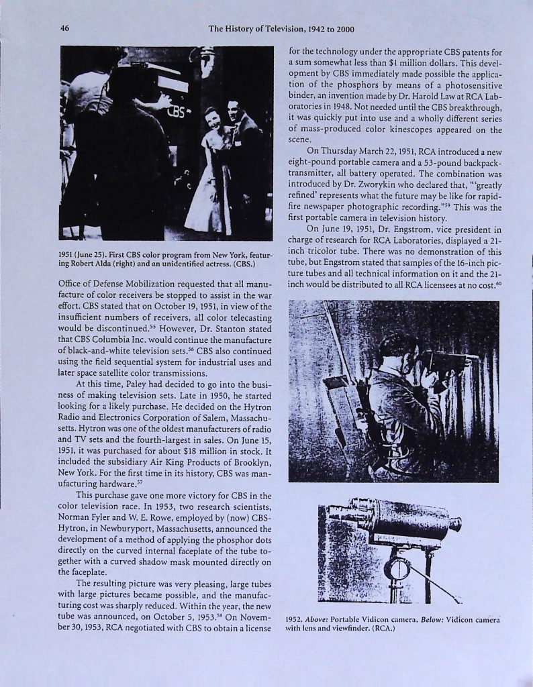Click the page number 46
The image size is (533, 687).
click(x=64, y=28)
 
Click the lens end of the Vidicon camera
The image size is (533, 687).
click(x=455, y=523)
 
